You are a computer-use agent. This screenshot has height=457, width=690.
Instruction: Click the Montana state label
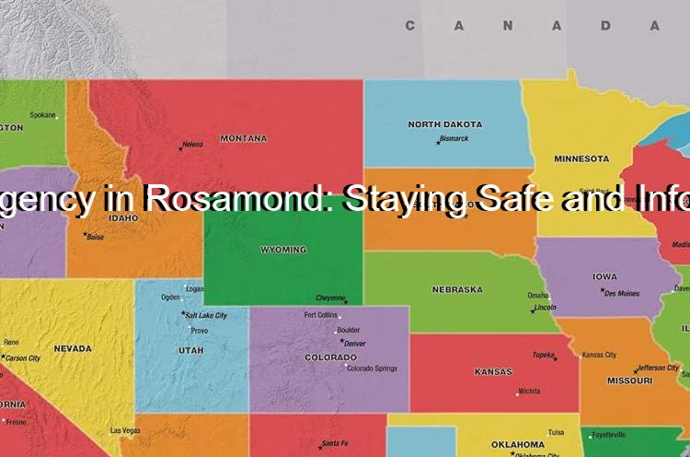[x=243, y=139]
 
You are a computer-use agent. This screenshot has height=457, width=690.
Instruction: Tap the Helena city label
[x=192, y=145]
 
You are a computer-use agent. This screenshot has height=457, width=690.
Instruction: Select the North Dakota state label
[x=444, y=124]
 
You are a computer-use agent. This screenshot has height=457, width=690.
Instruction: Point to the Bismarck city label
[x=454, y=139]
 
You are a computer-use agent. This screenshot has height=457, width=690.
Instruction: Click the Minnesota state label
[x=581, y=158]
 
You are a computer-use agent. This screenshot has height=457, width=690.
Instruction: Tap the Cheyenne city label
[x=330, y=298]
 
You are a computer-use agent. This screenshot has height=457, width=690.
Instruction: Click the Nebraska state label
[x=457, y=289]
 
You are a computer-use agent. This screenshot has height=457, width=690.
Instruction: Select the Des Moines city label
[x=622, y=293]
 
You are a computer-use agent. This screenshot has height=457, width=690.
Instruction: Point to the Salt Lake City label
[x=205, y=315]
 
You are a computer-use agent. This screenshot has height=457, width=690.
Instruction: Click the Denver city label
[x=354, y=343]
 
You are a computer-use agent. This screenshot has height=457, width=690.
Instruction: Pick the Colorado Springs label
[x=372, y=369]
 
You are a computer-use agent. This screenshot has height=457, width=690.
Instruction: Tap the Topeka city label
[x=543, y=355]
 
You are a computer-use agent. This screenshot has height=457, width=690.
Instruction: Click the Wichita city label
[x=529, y=392]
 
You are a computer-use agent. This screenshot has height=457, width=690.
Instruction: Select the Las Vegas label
[x=125, y=430]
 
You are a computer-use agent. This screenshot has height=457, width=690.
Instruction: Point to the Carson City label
[x=23, y=357]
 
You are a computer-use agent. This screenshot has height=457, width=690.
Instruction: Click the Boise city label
[x=95, y=237]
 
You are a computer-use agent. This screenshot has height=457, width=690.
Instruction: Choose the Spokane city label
[x=42, y=115]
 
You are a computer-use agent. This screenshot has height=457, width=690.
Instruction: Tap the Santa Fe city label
[x=335, y=444]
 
